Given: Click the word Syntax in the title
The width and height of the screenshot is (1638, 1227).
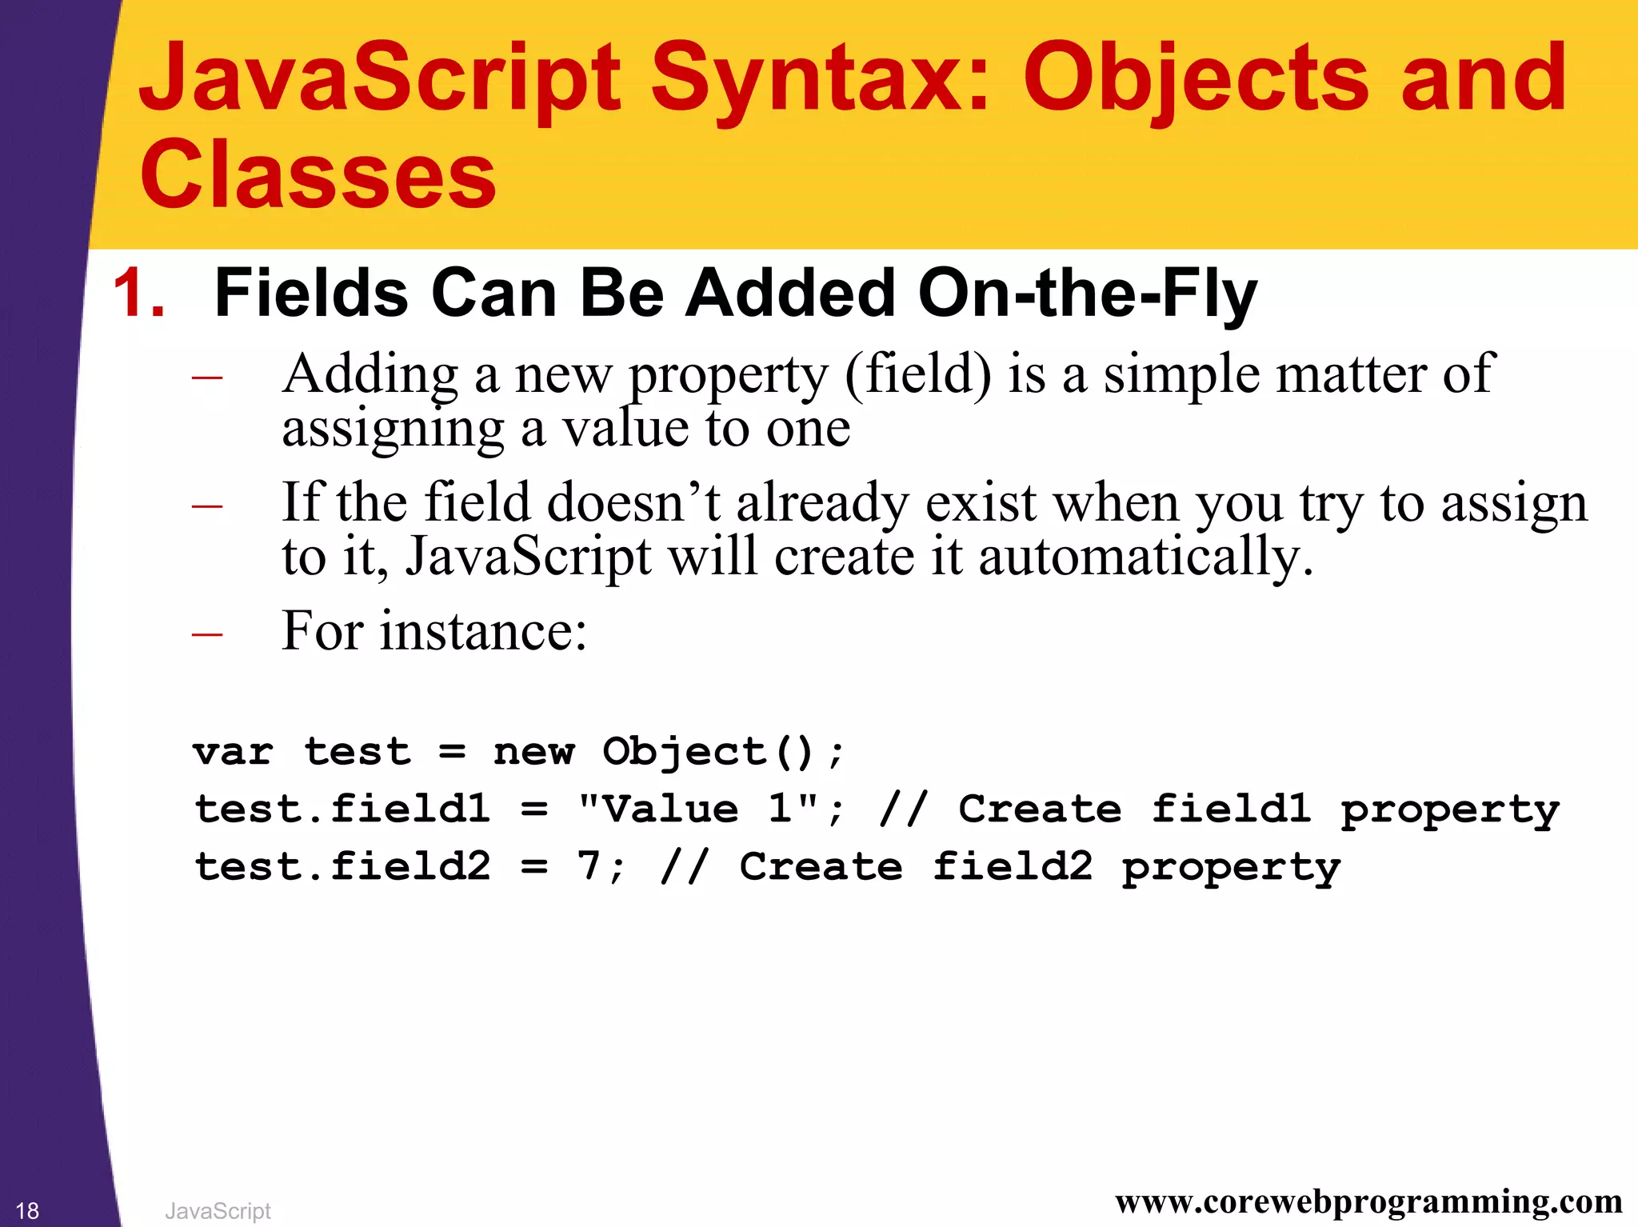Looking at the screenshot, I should pos(821,80).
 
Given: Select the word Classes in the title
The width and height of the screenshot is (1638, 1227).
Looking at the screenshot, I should pos(318,174).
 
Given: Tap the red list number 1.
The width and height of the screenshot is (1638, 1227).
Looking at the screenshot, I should pos(138,294).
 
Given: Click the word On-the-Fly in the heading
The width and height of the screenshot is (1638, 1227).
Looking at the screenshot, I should pos(1088,294).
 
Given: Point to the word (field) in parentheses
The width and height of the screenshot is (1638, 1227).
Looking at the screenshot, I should pos(917,374).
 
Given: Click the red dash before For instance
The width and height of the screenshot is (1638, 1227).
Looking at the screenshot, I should pos(207,634).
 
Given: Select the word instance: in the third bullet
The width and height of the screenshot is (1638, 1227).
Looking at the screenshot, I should pos(483,632).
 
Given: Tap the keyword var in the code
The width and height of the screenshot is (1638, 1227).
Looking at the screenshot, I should pos(233,752).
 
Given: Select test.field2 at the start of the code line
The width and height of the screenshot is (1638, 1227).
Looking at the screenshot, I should pos(342,867).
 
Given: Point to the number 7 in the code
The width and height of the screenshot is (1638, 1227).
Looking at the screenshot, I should pos(589,866).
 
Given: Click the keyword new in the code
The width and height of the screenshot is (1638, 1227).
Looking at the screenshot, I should pos(533,752).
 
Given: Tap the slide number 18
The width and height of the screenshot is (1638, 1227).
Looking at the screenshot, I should pos(27,1210).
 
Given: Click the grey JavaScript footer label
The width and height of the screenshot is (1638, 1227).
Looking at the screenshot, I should pos(218,1211).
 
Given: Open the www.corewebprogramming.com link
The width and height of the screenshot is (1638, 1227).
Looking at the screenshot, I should pos(1368,1202).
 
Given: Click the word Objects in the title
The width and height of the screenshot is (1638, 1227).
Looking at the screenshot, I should pos(1197,80).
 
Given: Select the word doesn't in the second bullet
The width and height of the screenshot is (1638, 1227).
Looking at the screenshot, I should pos(633,504).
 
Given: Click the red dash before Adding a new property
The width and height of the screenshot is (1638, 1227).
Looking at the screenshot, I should pos(207,377).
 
